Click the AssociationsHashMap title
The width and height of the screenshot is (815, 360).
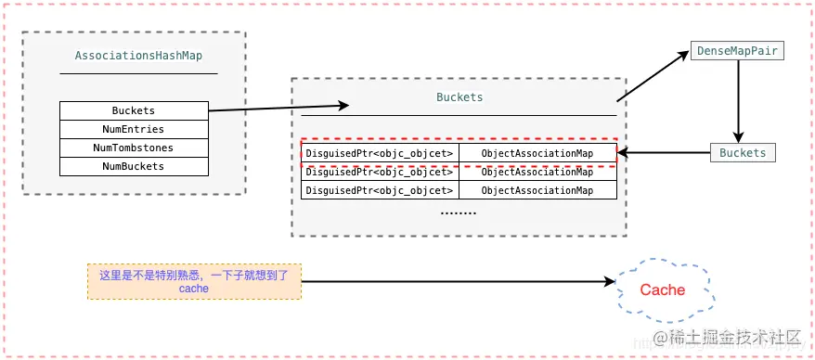(x=138, y=56)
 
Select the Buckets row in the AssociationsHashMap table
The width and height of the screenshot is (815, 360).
(x=134, y=110)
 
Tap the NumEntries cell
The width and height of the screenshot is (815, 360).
(x=134, y=129)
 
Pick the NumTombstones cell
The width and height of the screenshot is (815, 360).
(x=134, y=148)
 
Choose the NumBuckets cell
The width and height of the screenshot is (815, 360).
(x=134, y=166)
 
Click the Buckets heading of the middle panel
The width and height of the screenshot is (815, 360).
(x=459, y=96)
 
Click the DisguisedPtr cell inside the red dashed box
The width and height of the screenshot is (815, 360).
(x=380, y=153)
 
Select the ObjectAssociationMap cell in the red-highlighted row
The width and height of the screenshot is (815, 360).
(x=537, y=153)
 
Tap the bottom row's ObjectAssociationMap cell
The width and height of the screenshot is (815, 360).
(x=537, y=190)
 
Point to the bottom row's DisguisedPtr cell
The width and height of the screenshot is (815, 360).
(x=380, y=190)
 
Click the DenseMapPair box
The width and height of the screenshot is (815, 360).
(x=737, y=51)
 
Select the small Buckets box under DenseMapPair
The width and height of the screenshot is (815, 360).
(x=743, y=153)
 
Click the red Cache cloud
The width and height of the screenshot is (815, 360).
(x=663, y=289)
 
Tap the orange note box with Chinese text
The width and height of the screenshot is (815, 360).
(x=194, y=281)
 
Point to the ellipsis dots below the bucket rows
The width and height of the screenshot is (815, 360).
(x=458, y=212)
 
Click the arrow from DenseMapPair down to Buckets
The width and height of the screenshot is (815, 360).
(x=738, y=102)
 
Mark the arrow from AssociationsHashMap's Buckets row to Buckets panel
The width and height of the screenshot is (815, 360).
(x=278, y=108)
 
